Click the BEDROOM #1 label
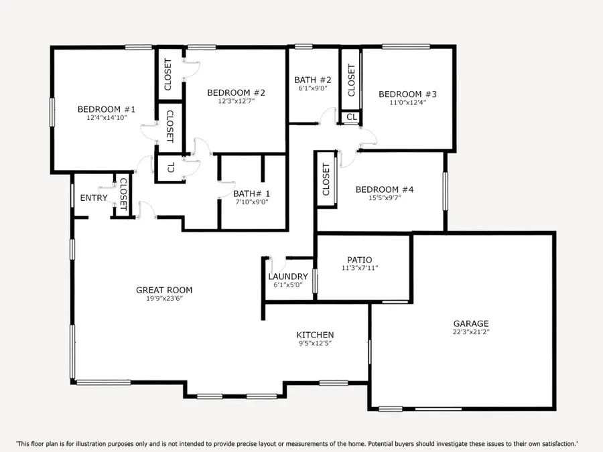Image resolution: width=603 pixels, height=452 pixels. pyautogui.click(x=107, y=109)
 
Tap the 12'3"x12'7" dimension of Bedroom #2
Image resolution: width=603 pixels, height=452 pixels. pyautogui.click(x=236, y=102)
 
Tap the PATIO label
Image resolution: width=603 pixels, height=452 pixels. pyautogui.click(x=359, y=260)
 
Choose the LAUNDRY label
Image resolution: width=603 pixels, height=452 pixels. pyautogui.click(x=288, y=277)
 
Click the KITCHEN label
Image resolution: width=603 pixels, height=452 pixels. pyautogui.click(x=315, y=335)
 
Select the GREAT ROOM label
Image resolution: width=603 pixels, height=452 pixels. pyautogui.click(x=164, y=290)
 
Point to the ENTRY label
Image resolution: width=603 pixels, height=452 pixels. pyautogui.click(x=94, y=198)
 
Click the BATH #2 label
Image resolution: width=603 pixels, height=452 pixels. pyautogui.click(x=313, y=80)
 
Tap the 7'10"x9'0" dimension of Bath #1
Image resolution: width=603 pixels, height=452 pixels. pyautogui.click(x=252, y=202)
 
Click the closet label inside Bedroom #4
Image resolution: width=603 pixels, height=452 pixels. pyautogui.click(x=326, y=179)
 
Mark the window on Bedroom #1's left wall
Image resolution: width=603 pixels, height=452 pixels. pyautogui.click(x=52, y=111)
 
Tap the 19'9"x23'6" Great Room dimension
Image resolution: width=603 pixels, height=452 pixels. pyautogui.click(x=164, y=299)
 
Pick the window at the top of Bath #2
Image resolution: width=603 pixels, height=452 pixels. pyautogui.click(x=304, y=47)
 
